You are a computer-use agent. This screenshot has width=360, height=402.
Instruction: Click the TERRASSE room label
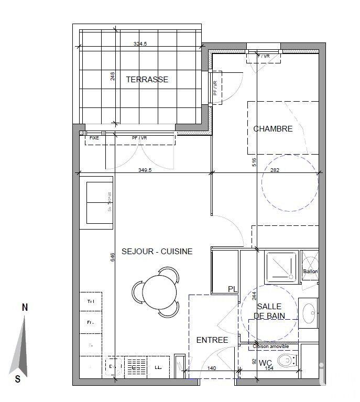(147, 80)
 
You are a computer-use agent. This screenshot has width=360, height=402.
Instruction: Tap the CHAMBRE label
(273, 128)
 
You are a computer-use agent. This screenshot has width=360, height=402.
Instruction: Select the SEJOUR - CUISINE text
(157, 252)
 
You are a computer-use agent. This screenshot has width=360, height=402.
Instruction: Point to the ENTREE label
(212, 340)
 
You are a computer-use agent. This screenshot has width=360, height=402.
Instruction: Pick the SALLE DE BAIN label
(268, 311)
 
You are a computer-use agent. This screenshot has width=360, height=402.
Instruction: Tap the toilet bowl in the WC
(286, 361)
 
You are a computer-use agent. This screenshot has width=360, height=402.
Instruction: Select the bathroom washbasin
(309, 313)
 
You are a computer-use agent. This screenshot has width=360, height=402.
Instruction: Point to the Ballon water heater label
(310, 271)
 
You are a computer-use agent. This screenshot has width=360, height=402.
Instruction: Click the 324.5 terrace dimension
(140, 45)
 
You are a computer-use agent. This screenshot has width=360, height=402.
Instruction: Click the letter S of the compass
(18, 378)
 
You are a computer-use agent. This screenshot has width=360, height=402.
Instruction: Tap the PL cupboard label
(233, 289)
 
